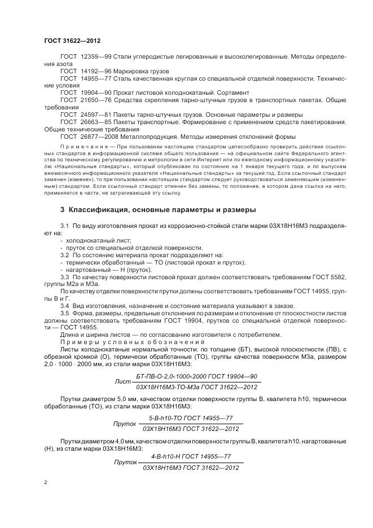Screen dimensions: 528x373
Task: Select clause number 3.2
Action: pos(64,254)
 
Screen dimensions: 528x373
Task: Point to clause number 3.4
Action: pos(64,305)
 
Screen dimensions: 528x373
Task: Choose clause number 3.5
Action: pos(64,313)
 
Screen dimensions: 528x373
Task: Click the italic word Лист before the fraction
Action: pos(122,381)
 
